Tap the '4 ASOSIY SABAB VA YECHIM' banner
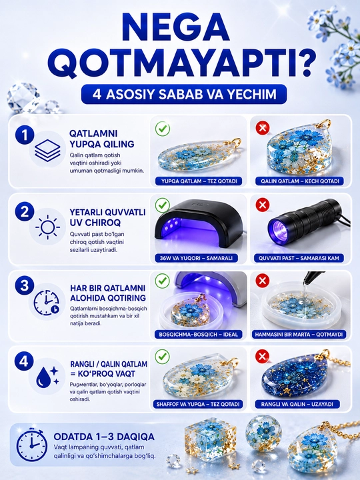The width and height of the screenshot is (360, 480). [184, 94]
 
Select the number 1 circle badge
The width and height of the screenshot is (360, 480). [25, 135]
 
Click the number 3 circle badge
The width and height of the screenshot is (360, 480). [25, 285]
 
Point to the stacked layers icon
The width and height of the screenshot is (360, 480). [47, 150]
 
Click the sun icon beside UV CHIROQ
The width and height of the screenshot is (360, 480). [47, 227]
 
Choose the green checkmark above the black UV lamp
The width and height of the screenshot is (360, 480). [163, 205]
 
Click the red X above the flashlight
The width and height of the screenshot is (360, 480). [263, 205]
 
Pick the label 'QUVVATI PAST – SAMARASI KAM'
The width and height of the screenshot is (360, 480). [299, 258]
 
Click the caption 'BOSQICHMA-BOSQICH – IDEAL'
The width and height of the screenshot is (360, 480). [199, 334]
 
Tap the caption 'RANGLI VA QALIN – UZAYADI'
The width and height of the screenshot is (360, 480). [297, 404]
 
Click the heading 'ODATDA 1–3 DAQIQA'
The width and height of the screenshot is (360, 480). [104, 437]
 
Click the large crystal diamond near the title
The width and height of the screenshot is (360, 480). [23, 97]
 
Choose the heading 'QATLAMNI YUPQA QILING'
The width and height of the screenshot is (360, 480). [101, 139]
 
